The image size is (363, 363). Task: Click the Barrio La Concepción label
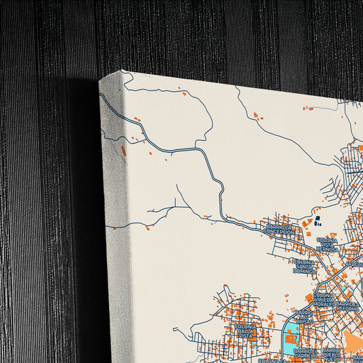[x=281, y=229]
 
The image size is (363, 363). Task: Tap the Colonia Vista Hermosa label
[x=327, y=244]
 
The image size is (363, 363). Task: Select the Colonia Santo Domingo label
[x=304, y=266]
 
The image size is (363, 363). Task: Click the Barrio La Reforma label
[x=347, y=305]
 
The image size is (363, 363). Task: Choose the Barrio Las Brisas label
[x=302, y=319]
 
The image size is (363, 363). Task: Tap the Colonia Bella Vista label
[x=245, y=331]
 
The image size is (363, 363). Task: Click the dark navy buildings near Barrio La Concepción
[x=317, y=219]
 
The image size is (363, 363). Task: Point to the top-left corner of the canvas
[x=101, y=80]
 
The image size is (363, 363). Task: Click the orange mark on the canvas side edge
[x=123, y=150]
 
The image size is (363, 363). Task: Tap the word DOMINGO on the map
[x=304, y=270]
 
